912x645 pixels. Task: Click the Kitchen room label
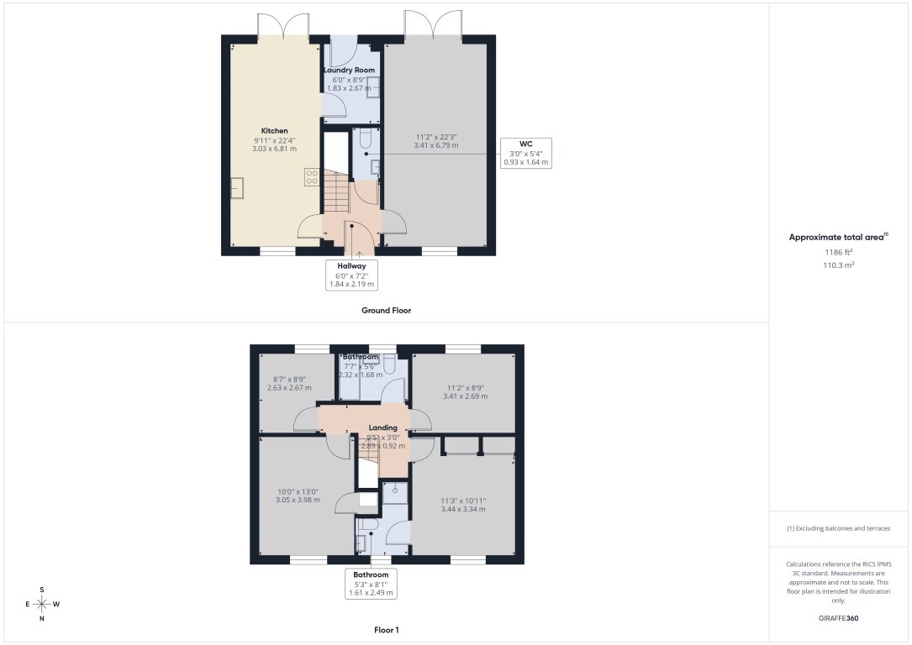tap(274, 131)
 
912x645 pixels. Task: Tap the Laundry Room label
tap(349, 71)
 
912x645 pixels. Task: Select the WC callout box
tap(525, 153)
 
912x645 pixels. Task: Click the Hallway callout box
tap(351, 275)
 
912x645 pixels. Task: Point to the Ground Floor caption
tap(386, 311)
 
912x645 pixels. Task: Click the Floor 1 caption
tap(386, 629)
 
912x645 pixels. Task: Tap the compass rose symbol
tap(42, 604)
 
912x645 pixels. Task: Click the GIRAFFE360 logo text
tap(839, 618)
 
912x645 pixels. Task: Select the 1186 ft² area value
tap(838, 252)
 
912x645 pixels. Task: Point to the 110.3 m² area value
tap(838, 265)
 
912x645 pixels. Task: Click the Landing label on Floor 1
tap(382, 427)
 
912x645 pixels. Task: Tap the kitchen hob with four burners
tap(311, 176)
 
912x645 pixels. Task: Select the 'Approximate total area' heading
tap(837, 238)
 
